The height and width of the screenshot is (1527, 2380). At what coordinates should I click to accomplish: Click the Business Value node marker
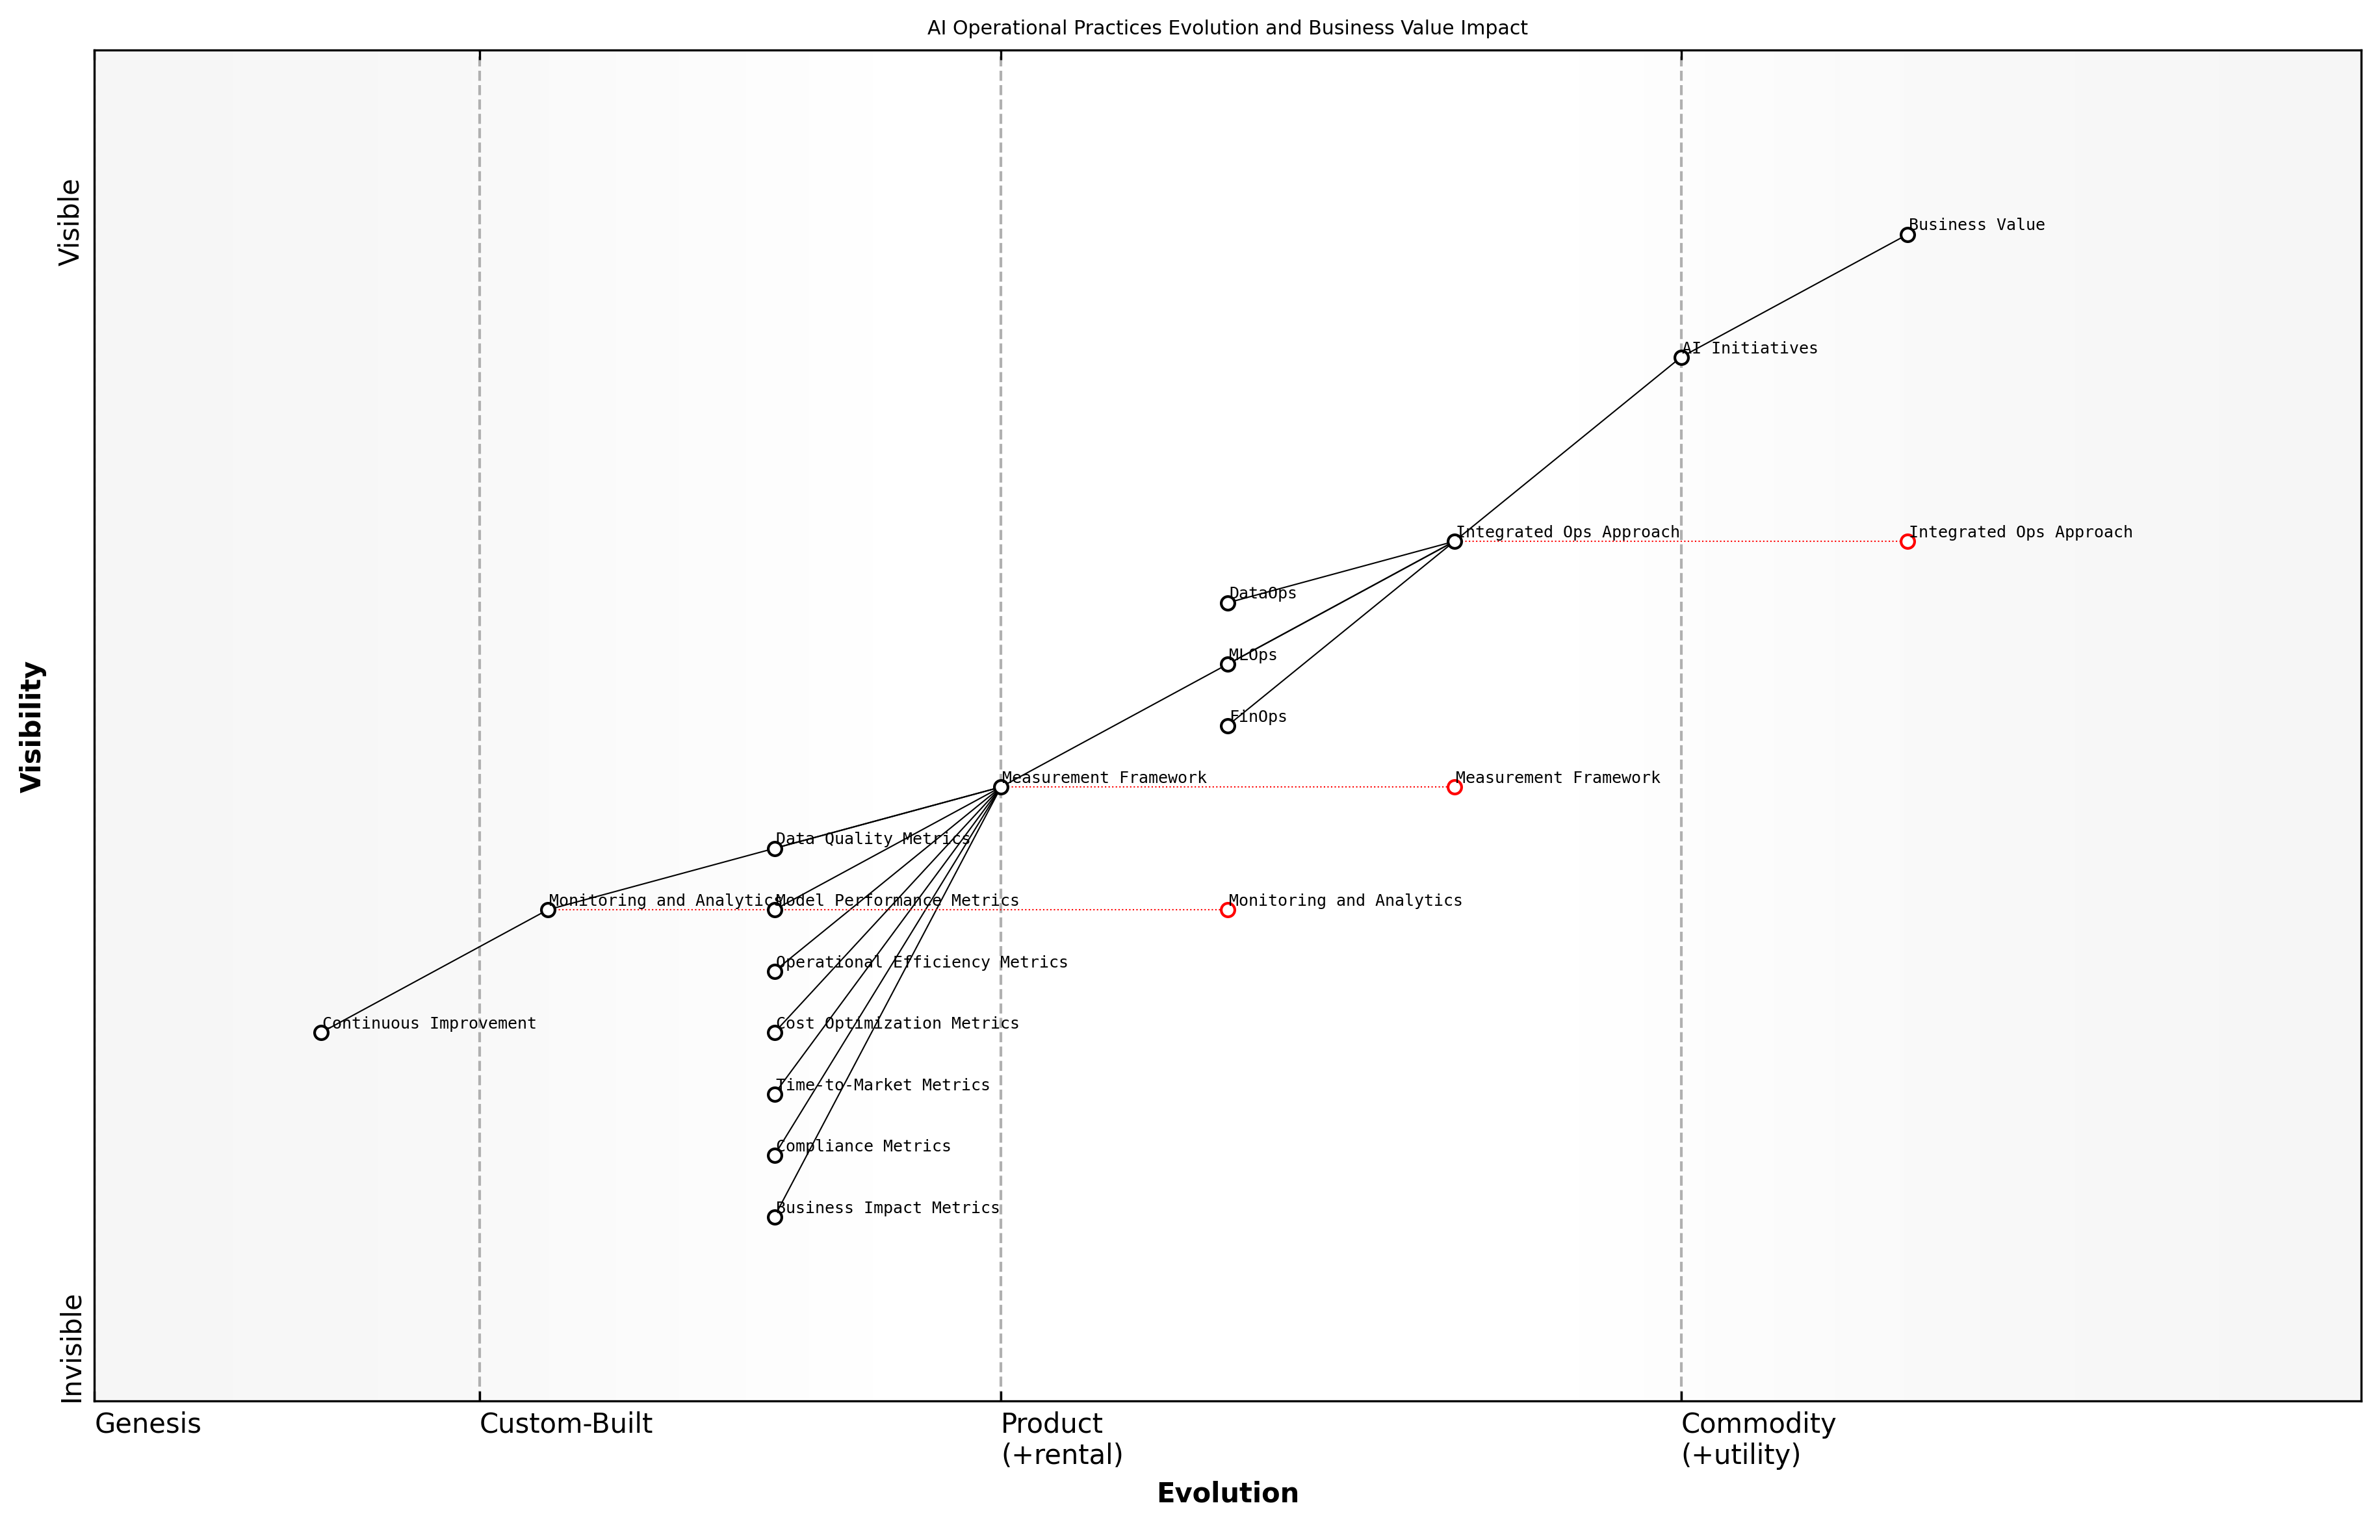1907,235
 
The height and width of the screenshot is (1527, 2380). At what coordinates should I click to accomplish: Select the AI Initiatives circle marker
1681,358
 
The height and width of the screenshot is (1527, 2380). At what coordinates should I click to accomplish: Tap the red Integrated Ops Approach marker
1907,541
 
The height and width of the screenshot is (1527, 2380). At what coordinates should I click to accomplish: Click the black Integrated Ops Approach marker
1454,541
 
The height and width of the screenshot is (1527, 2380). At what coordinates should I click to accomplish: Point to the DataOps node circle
1228,603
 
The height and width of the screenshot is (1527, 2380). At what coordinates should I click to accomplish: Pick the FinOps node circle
1228,726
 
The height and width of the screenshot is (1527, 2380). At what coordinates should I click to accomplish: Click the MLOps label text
1252,656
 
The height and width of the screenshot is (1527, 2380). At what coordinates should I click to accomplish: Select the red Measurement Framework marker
1454,788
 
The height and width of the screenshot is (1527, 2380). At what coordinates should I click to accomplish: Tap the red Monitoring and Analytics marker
1228,910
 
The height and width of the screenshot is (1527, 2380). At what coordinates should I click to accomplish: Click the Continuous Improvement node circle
321,1033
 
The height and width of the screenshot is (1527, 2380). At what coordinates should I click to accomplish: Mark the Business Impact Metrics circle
775,1218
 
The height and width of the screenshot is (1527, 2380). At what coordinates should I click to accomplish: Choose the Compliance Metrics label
862,1146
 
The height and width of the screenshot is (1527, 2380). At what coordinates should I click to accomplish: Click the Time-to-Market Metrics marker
775,1095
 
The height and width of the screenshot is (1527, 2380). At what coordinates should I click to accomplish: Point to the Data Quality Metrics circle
775,849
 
